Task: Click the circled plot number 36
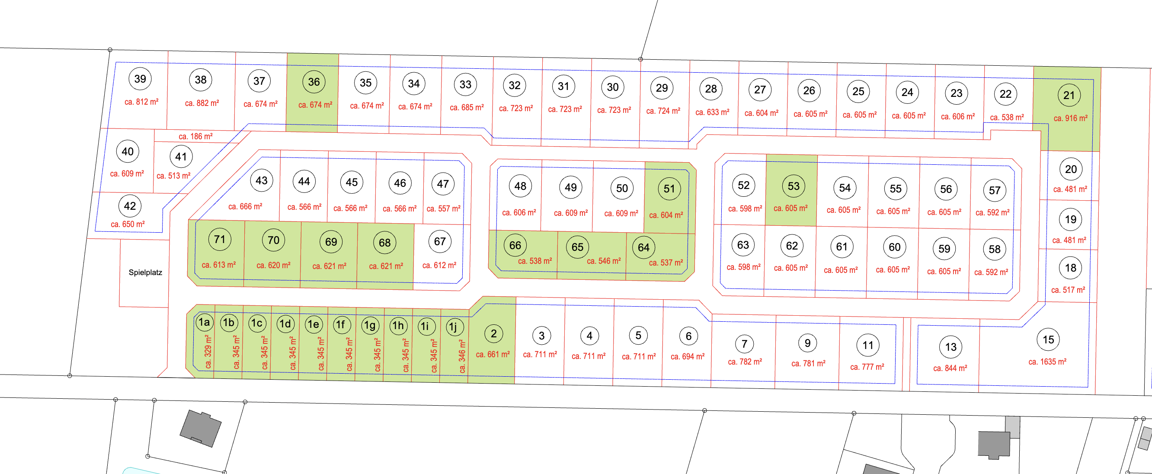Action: (x=314, y=82)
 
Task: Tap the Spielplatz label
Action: (x=145, y=272)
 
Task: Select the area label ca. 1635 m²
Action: (x=1047, y=362)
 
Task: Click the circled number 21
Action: (x=1069, y=95)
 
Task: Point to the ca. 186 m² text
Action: (x=195, y=136)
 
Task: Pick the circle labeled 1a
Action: (x=205, y=322)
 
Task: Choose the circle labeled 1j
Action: (x=454, y=327)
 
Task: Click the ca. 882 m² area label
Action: (x=202, y=103)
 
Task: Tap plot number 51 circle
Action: (x=669, y=189)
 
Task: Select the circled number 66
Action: (x=515, y=245)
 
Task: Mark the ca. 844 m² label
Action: (x=950, y=368)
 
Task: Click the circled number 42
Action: (x=130, y=206)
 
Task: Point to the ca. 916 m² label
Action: (x=1070, y=118)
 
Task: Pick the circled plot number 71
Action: (x=220, y=239)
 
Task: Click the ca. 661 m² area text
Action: (x=493, y=355)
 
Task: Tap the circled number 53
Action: (x=794, y=186)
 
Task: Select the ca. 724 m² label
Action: (x=663, y=111)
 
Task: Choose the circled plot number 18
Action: (x=1070, y=268)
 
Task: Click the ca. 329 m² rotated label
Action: (x=208, y=352)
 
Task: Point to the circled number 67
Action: (x=440, y=241)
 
